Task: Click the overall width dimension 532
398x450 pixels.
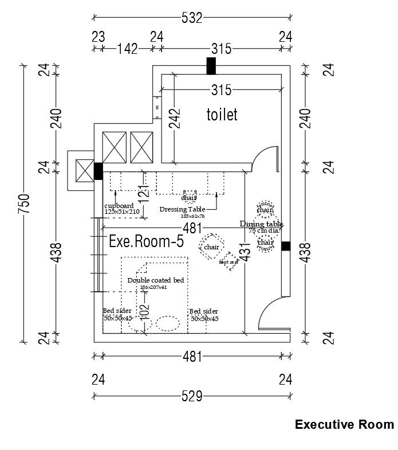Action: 192,18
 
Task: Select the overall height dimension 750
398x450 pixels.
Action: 23,204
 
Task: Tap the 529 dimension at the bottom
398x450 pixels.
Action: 192,396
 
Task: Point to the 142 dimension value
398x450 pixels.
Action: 127,49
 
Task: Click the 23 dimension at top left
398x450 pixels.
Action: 98,37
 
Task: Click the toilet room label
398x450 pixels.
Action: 222,115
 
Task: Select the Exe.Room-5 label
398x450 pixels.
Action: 146,242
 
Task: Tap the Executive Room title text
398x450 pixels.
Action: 344,425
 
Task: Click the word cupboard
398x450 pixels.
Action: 119,206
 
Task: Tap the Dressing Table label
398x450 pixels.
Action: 182,209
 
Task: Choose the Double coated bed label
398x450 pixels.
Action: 155,280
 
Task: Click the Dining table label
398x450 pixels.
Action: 261,224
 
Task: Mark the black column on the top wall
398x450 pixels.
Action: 211,66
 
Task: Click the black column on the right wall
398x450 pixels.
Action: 286,246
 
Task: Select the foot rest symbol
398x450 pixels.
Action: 230,261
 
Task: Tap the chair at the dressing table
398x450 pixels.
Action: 188,197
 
